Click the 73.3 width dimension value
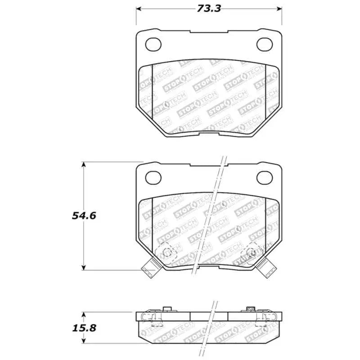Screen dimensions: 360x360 (x=208, y=8)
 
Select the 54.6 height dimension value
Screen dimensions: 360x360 (x=84, y=216)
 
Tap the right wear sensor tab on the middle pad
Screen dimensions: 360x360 (x=269, y=269)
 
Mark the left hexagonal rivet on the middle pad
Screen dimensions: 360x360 (x=166, y=252)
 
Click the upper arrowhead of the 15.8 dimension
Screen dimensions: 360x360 (x=84, y=314)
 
